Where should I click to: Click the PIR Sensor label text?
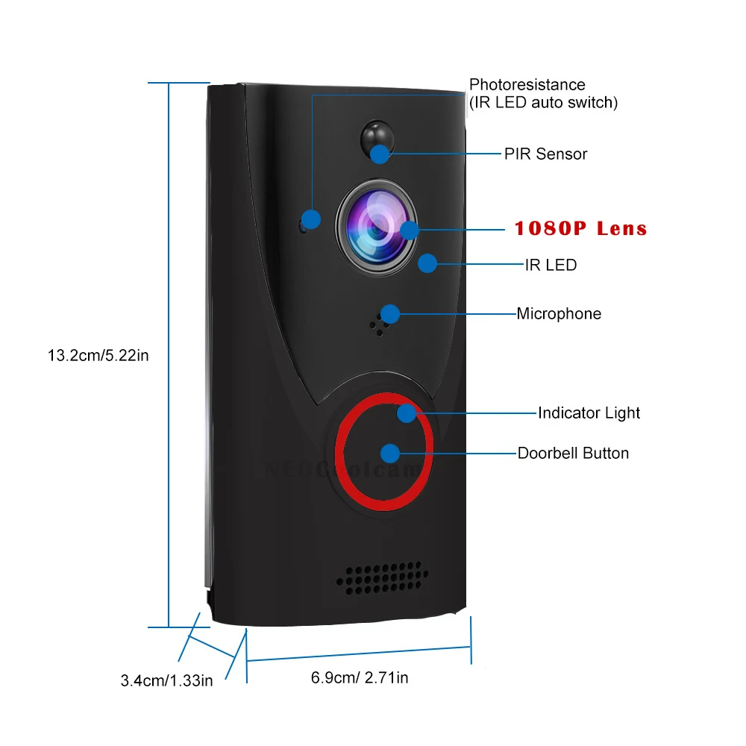pyautogui.click(x=545, y=154)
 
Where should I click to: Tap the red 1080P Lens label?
pyautogui.click(x=580, y=228)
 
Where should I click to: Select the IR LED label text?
pyautogui.click(x=551, y=265)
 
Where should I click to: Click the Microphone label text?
pyautogui.click(x=559, y=314)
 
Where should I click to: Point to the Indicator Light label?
pyautogui.click(x=589, y=413)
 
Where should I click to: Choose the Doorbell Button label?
pyautogui.click(x=573, y=453)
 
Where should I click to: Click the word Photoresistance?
pyautogui.click(x=527, y=85)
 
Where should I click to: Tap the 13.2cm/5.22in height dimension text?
pyautogui.click(x=98, y=355)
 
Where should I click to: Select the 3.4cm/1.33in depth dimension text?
pyautogui.click(x=166, y=680)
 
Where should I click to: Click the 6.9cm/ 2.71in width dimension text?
pyautogui.click(x=360, y=677)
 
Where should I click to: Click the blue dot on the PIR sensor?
pyautogui.click(x=380, y=154)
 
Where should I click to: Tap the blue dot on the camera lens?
pyautogui.click(x=410, y=229)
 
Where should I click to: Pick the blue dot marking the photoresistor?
pyautogui.click(x=311, y=219)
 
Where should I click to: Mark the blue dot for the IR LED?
pyautogui.click(x=427, y=263)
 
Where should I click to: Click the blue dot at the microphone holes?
pyautogui.click(x=389, y=313)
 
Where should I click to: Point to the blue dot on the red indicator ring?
pyautogui.click(x=407, y=413)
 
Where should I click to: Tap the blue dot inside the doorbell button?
pyautogui.click(x=389, y=453)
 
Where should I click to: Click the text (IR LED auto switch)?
pyautogui.click(x=543, y=102)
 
